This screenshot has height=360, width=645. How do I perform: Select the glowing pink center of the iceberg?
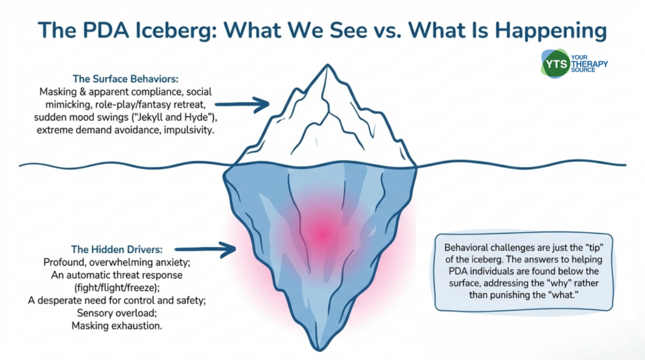[x=323, y=233]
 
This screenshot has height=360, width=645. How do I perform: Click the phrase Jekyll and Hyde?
[x=184, y=117]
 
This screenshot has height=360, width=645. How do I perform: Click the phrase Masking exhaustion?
[x=116, y=327]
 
